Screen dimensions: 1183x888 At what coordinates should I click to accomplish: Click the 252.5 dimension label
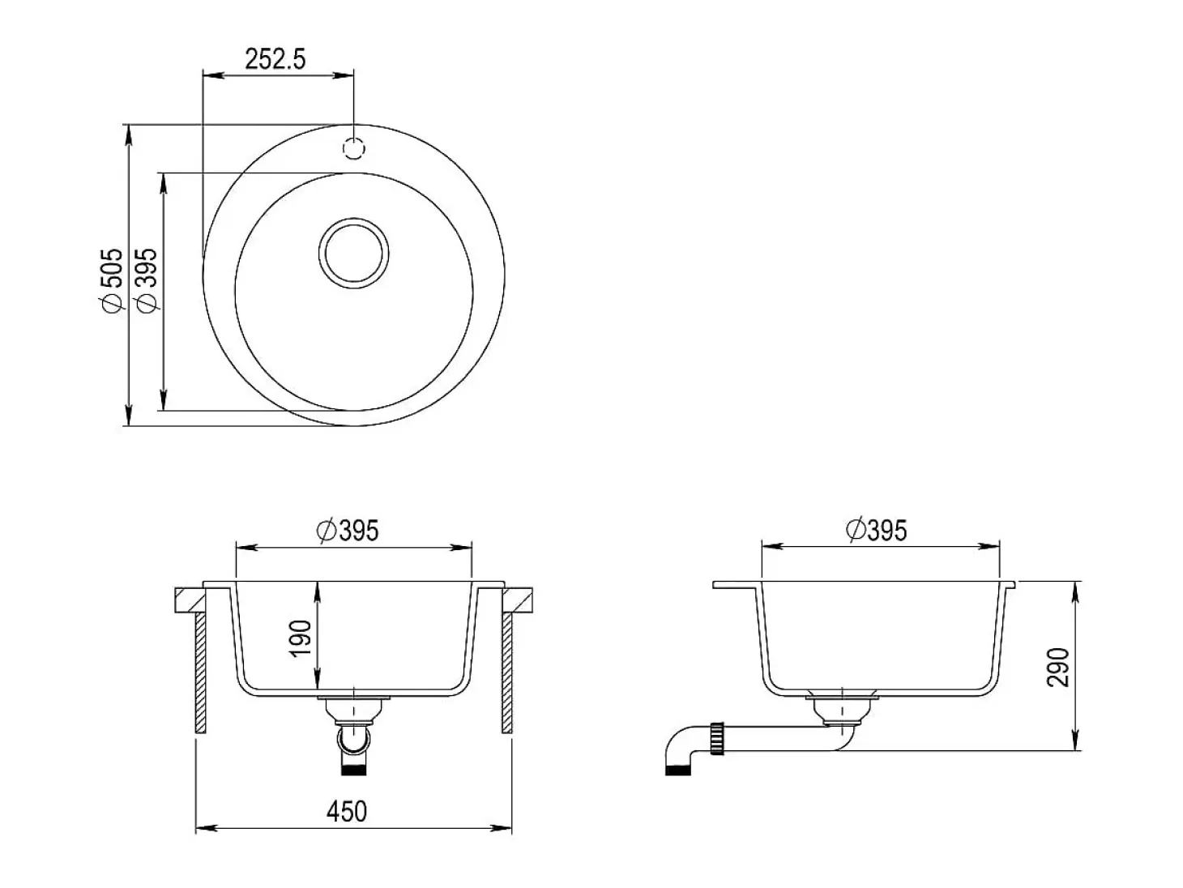[x=275, y=58]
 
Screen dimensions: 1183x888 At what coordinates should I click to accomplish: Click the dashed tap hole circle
[x=353, y=148]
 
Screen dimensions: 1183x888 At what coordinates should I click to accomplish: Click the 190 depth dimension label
[x=300, y=638]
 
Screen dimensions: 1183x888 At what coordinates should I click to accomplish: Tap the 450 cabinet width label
[x=347, y=811]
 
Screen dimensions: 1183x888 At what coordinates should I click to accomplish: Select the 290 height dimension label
[x=1057, y=667]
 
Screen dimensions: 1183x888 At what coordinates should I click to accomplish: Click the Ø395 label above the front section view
[x=348, y=530]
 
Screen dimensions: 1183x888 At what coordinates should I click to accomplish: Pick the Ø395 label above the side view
[x=877, y=530]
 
